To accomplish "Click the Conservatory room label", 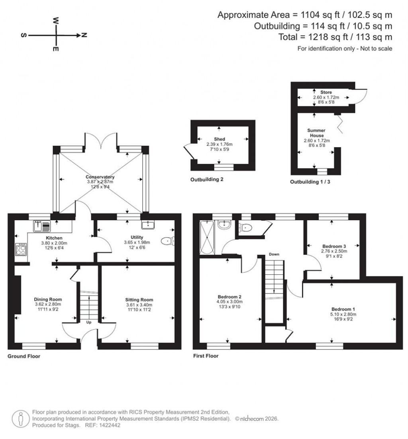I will pyautogui.click(x=100, y=177).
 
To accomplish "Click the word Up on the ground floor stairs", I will pyautogui.click(x=88, y=322).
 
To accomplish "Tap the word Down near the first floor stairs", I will pyautogui.click(x=274, y=254).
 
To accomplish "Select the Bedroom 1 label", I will pyautogui.click(x=343, y=309).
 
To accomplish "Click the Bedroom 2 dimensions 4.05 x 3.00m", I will pyautogui.click(x=230, y=302).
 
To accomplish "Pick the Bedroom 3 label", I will pyautogui.click(x=331, y=246).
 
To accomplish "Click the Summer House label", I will pyautogui.click(x=316, y=133).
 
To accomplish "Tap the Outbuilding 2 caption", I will pyautogui.click(x=206, y=179).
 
